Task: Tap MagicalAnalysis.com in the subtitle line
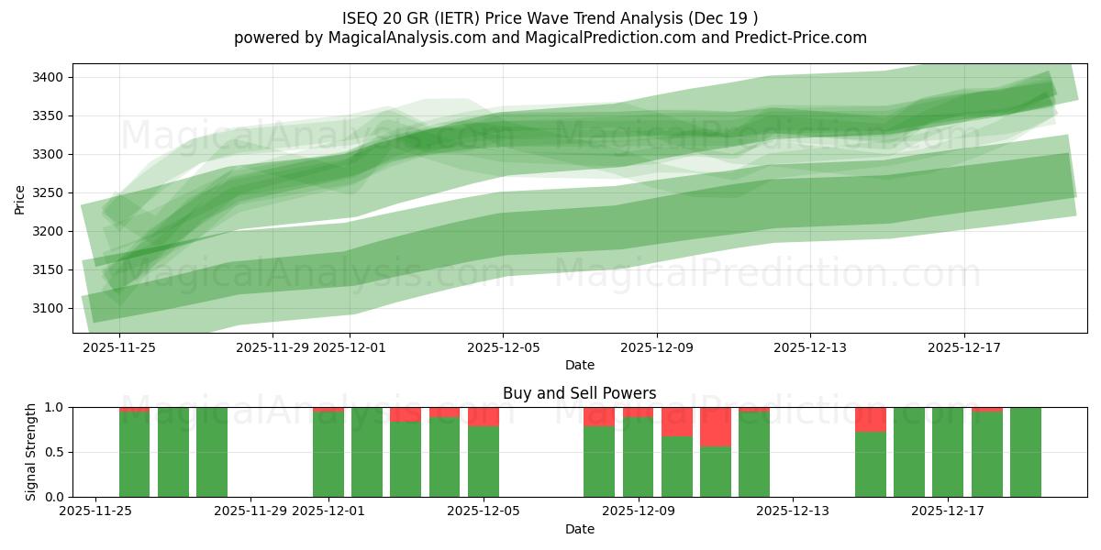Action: coord(401,38)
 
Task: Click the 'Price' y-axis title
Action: coord(20,198)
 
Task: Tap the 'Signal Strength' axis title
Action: coord(31,452)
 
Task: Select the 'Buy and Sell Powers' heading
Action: coord(579,393)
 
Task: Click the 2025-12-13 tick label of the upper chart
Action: coord(809,347)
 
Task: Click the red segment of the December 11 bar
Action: coord(716,426)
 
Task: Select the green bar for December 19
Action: coord(1025,452)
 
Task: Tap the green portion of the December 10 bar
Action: coord(677,467)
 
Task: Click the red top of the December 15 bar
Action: coord(870,419)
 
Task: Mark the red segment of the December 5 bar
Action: coord(484,416)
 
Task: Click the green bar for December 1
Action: coord(328,455)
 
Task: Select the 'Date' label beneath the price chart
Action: coord(579,365)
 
